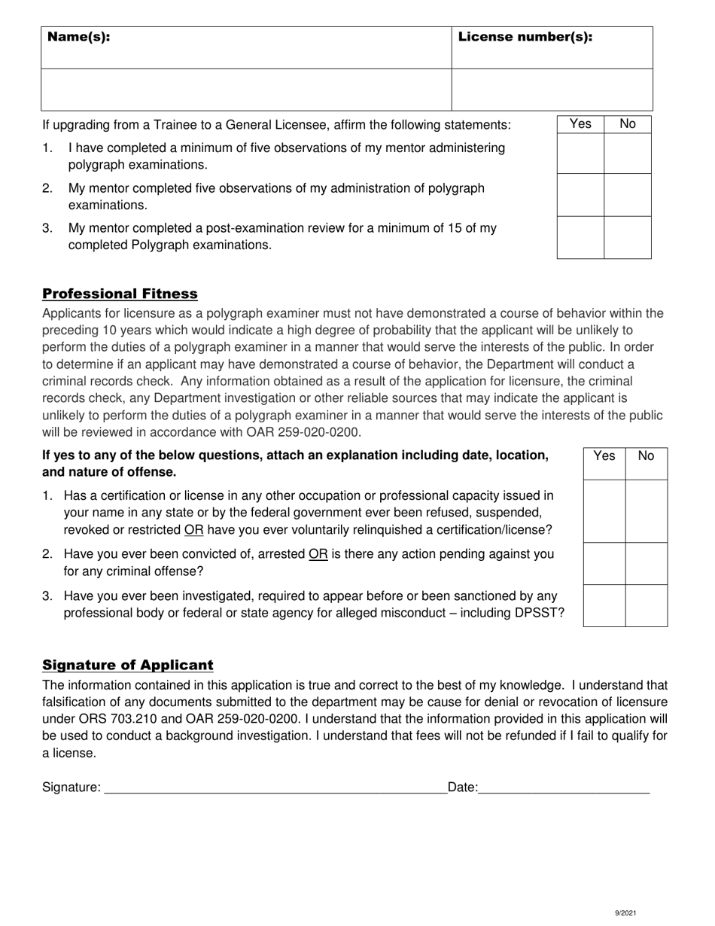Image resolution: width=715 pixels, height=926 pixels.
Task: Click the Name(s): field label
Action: click(79, 37)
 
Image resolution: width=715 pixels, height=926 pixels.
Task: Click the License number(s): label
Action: click(525, 37)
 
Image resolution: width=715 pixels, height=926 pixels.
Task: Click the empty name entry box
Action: click(246, 90)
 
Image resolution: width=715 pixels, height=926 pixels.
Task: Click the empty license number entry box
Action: click(552, 90)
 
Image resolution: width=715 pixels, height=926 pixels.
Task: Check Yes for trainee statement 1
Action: click(580, 154)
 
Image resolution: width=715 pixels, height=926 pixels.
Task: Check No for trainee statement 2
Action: click(628, 195)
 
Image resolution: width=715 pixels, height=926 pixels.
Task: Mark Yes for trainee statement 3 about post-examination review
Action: click(580, 237)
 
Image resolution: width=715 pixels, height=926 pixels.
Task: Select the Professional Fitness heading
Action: click(120, 294)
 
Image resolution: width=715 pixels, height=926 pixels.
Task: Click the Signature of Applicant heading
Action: click(128, 665)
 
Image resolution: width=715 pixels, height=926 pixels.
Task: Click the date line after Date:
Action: click(564, 787)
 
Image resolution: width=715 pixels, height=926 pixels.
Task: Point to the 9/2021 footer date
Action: click(626, 913)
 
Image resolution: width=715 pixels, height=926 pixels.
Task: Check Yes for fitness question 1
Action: click(604, 510)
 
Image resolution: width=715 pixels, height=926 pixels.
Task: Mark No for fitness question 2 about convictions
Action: click(647, 563)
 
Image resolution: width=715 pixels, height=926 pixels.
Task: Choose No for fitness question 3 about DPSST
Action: click(647, 605)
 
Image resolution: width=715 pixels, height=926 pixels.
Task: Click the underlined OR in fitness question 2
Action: click(318, 555)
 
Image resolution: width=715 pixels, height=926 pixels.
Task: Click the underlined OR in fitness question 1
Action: click(193, 530)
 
